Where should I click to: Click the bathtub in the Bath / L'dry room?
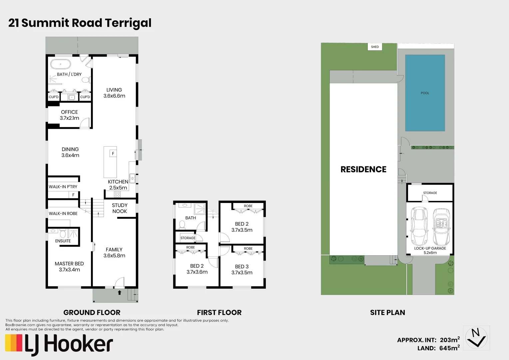point(60,64)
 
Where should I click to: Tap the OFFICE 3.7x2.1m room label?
point(69,115)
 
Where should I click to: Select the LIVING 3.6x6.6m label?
point(114,93)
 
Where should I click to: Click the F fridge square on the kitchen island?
point(113,153)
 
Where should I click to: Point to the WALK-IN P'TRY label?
point(63,187)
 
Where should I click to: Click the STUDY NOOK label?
point(120,208)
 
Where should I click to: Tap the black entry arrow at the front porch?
point(119,293)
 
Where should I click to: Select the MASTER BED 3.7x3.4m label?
point(69,266)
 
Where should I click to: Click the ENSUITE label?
point(63,241)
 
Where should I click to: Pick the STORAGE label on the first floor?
point(188,238)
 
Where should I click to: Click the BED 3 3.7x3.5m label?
point(242,269)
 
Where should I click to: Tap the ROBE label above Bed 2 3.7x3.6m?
point(191,247)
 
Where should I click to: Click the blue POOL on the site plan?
point(425,93)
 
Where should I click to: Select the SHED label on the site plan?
point(375,47)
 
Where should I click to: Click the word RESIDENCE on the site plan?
point(363,169)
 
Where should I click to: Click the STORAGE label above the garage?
point(430,193)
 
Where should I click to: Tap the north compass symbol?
point(476,338)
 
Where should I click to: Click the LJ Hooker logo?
point(59,344)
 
